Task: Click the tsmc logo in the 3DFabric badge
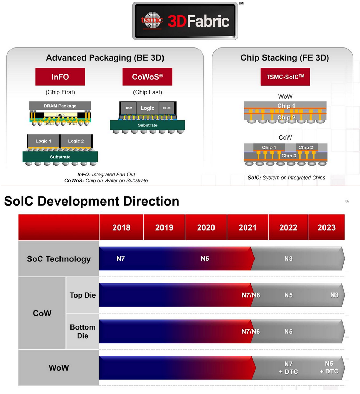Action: [x=152, y=21]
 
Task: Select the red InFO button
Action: [x=60, y=77]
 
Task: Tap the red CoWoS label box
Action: [x=147, y=77]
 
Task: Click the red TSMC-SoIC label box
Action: [x=285, y=77]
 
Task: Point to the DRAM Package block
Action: [x=60, y=106]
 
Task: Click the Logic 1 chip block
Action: [x=43, y=141]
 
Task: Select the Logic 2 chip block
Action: [x=76, y=141]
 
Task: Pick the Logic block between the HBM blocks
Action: [x=147, y=108]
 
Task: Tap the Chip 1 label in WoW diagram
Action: [x=286, y=106]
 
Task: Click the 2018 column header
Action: [x=121, y=227]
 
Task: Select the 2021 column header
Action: [x=247, y=227]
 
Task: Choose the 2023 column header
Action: [x=326, y=227]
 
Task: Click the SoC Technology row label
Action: [x=59, y=259]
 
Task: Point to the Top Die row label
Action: [x=82, y=295]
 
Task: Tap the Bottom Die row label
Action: [x=82, y=331]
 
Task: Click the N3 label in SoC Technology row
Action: [x=288, y=259]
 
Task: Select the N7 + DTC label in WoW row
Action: [x=291, y=368]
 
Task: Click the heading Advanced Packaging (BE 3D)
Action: [x=105, y=58]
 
